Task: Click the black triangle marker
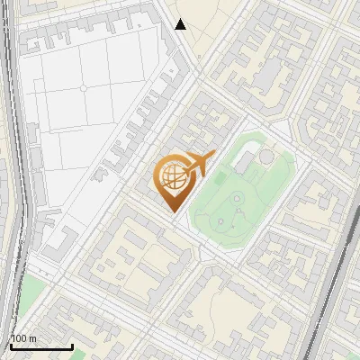pos(181,24)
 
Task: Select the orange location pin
pos(175,180)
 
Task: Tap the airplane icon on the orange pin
pos(199,165)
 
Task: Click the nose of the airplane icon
pos(212,157)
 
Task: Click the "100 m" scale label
pos(23,338)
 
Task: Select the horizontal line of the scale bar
pos(40,346)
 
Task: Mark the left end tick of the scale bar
pos(10,345)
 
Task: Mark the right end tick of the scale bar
pos(72,345)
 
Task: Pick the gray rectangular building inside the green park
pos(244,162)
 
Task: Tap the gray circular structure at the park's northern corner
pos(267,158)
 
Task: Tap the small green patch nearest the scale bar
pos(31,292)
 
